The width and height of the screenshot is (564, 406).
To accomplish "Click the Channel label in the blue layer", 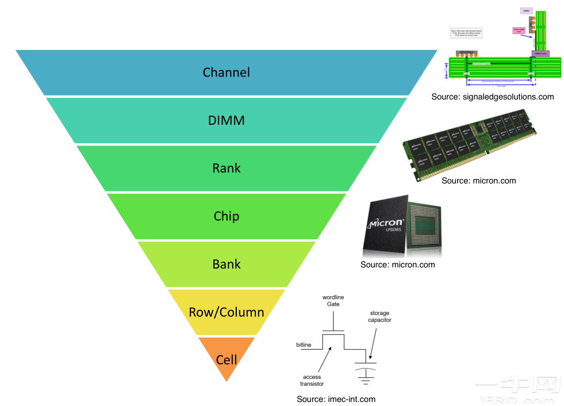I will pyautogui.click(x=226, y=72).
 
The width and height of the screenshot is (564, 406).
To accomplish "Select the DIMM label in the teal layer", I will pyautogui.click(x=226, y=120).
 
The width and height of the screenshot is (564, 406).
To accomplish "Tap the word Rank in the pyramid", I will pyautogui.click(x=226, y=168).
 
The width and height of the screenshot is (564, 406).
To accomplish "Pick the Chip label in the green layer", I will pyautogui.click(x=226, y=216).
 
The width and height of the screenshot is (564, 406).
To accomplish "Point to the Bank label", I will pyautogui.click(x=226, y=265).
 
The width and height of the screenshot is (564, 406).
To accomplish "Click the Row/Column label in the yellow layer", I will pyautogui.click(x=226, y=312).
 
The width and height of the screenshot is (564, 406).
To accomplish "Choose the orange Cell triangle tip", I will pyautogui.click(x=227, y=360).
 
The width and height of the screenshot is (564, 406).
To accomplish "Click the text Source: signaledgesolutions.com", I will pyautogui.click(x=493, y=97).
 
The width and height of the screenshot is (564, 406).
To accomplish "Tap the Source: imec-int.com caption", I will pyautogui.click(x=336, y=399).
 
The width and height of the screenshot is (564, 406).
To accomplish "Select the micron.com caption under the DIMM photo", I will pyautogui.click(x=478, y=181).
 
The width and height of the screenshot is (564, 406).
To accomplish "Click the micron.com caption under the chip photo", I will pyautogui.click(x=397, y=265).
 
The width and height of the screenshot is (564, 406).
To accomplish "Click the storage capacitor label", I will pyautogui.click(x=379, y=317).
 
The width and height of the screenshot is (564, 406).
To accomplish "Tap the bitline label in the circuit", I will pyautogui.click(x=304, y=344).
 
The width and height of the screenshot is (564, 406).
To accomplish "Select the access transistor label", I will pyautogui.click(x=312, y=380).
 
